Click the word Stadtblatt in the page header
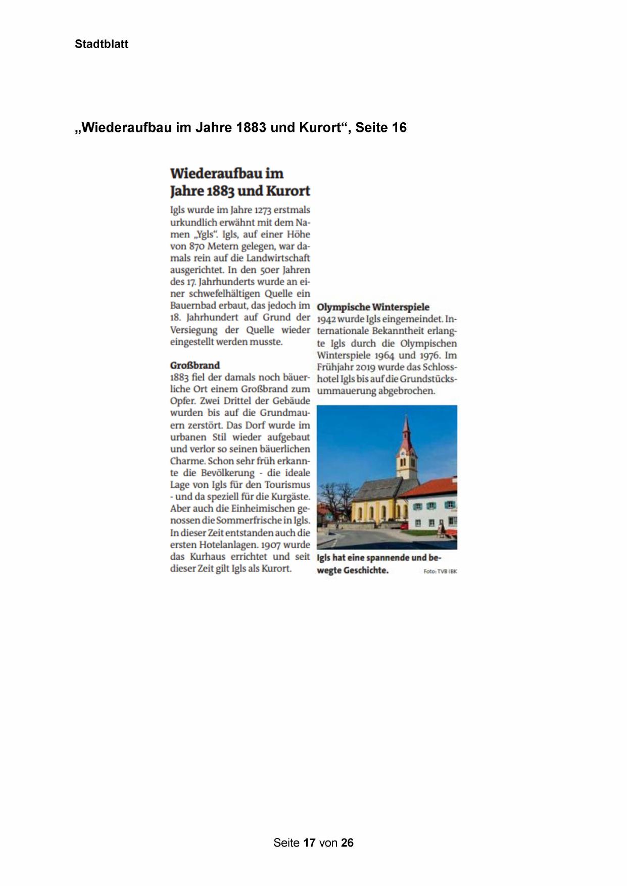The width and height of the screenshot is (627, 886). [102, 44]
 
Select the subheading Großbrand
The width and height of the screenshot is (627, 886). [195, 365]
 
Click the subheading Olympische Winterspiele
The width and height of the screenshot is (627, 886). [373, 307]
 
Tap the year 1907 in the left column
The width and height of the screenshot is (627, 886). [268, 545]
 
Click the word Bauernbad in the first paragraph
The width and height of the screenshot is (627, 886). [195, 306]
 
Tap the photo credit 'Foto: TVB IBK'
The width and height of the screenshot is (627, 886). [440, 571]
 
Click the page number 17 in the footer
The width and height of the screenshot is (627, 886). [309, 843]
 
